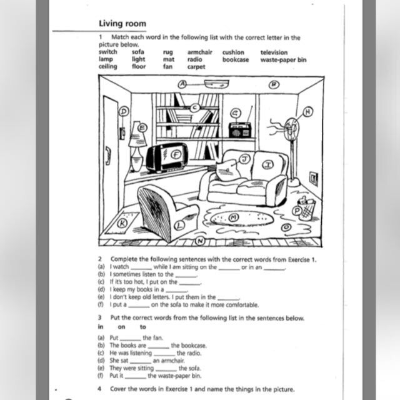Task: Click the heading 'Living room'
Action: point(122,24)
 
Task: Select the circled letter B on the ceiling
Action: point(273,84)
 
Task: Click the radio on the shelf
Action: point(240,131)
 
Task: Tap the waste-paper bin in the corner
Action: point(306,208)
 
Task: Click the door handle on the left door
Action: point(107,155)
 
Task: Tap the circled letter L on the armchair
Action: point(179,224)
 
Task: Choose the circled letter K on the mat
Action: point(124,222)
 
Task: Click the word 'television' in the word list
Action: point(274,52)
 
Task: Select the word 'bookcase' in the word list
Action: point(235,59)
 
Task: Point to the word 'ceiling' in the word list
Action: point(107,66)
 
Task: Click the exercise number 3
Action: point(100,317)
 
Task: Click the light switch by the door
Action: point(122,133)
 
